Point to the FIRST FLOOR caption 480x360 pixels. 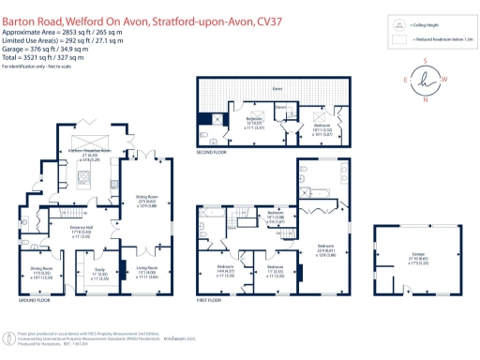tap(212, 302)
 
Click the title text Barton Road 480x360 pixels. tap(32, 8)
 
